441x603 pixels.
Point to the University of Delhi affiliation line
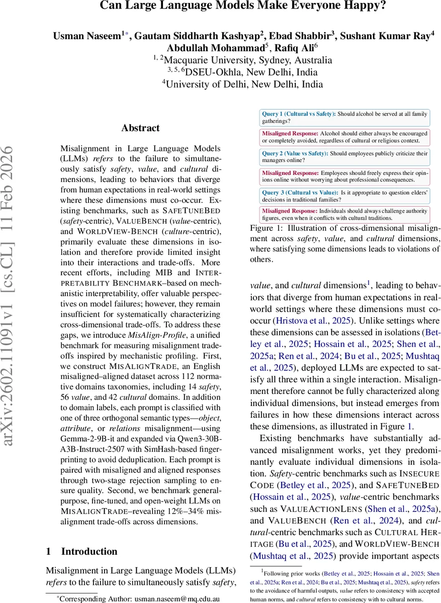[242, 84]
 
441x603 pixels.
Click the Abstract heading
[140, 128]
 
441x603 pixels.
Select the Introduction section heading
[89, 551]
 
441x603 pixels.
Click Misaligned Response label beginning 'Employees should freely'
[291, 173]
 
